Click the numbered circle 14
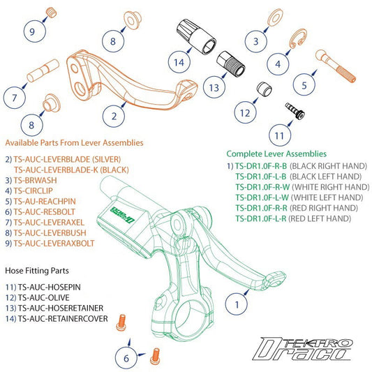(179, 61)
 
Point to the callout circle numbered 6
(126, 357)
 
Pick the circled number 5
(304, 86)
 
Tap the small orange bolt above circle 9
(51, 12)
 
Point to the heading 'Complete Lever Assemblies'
(276, 154)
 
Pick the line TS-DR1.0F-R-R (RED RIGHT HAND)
(291, 208)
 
